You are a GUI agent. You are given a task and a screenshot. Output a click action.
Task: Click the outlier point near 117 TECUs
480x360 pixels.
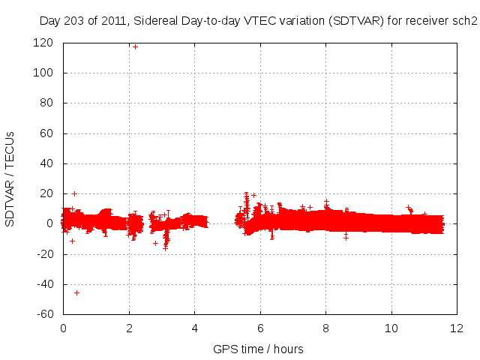(x=135, y=47)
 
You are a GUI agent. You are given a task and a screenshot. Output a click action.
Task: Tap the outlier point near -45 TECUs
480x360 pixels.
(x=76, y=292)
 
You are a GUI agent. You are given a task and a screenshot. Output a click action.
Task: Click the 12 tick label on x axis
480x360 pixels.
(x=457, y=328)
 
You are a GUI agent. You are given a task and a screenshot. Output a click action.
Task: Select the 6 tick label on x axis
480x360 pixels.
(x=260, y=328)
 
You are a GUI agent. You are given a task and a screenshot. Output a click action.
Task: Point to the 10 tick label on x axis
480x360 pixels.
(x=391, y=328)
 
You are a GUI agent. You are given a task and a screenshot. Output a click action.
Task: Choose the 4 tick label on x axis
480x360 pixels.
(x=194, y=328)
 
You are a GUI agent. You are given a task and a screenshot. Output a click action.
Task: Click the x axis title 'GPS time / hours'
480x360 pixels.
(x=259, y=349)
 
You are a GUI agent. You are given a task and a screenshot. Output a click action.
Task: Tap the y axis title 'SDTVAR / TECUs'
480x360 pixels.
(x=10, y=178)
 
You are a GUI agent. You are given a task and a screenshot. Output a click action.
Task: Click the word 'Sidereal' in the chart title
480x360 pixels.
(x=157, y=22)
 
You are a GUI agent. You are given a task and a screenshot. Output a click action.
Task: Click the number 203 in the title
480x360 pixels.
(x=75, y=22)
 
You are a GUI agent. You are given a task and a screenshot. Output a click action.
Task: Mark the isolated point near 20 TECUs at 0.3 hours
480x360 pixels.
(x=74, y=193)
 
